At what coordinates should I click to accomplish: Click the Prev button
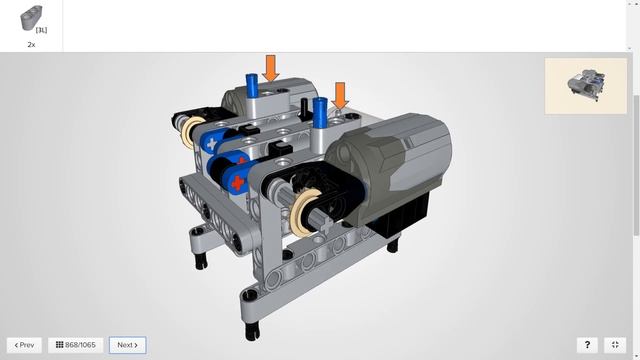24,345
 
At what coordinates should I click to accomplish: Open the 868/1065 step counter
76,345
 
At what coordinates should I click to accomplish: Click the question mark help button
587,345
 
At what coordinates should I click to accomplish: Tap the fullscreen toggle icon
615,345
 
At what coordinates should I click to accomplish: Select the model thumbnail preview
586,86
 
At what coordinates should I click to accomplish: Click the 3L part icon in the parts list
32,18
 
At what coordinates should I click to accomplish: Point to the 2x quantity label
31,45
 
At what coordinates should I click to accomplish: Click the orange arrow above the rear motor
271,68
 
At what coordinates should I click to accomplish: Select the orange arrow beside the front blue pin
340,96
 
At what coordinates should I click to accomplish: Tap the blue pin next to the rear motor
251,86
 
